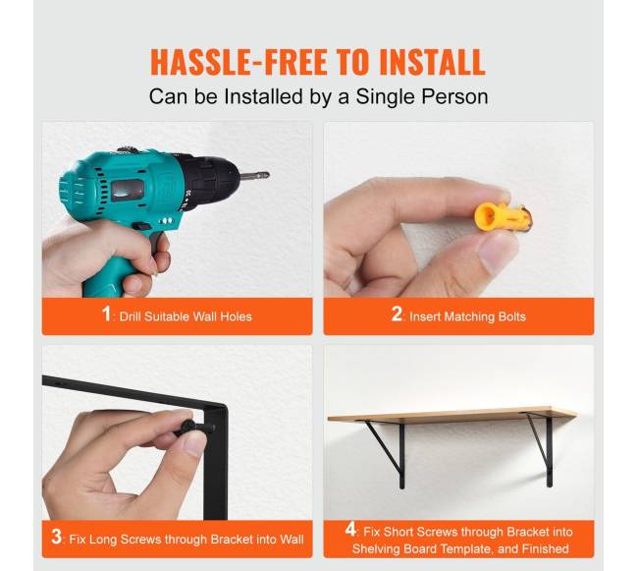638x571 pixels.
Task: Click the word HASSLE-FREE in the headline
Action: tap(239, 62)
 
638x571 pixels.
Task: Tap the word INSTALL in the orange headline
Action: tap(432, 62)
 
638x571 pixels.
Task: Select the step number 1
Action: tap(106, 314)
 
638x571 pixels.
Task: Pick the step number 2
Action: tap(397, 314)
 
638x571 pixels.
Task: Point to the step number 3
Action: tap(57, 537)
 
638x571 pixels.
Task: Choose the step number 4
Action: tap(350, 529)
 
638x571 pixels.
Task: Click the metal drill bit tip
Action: tap(255, 176)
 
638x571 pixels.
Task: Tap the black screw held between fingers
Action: tap(195, 428)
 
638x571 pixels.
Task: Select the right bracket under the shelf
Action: tap(540, 449)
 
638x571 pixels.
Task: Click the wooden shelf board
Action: tap(452, 415)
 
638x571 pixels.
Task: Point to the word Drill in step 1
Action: tap(130, 316)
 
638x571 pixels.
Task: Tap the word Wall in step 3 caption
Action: tap(292, 540)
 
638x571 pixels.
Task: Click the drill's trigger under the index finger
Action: tap(157, 243)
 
